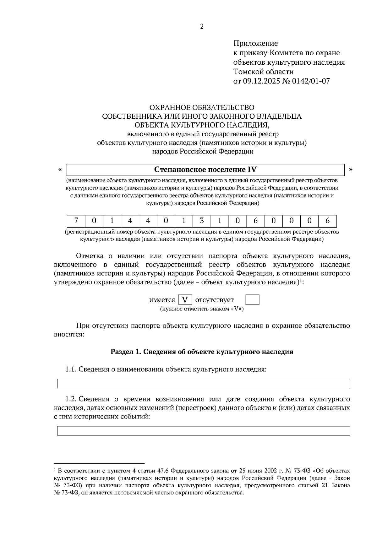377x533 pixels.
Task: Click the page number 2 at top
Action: (202, 27)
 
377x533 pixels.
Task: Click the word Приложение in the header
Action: (255, 43)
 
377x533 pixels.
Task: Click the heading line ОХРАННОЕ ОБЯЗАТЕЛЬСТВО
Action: (202, 108)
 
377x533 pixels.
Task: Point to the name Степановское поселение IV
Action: (205, 170)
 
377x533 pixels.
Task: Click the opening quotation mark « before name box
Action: (60, 170)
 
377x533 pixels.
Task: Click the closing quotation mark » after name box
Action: (351, 170)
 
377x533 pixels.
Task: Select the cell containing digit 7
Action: (76, 221)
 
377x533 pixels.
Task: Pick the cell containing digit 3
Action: (202, 221)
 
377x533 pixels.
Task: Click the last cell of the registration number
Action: (327, 221)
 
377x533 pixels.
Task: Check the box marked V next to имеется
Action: (185, 300)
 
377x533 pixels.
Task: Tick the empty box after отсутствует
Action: (252, 300)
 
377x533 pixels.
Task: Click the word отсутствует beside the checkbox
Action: (214, 300)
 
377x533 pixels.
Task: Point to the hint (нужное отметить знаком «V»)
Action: (202, 309)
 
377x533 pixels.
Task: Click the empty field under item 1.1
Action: (203, 384)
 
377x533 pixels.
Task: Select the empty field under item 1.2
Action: (203, 431)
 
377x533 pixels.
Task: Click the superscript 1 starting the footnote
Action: (55, 470)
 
